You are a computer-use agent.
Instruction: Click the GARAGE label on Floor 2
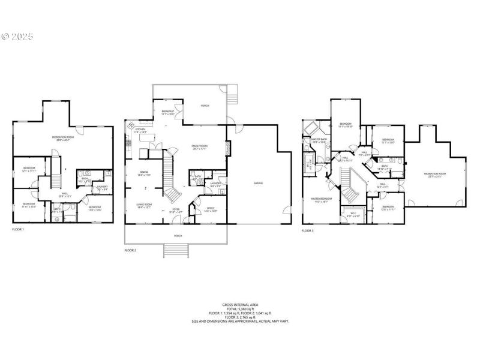coord(258,183)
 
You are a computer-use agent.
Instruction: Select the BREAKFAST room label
coord(168,112)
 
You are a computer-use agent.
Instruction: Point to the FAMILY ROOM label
coord(199,147)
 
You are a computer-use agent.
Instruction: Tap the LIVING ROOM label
coord(143,206)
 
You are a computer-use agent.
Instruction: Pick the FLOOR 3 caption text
coord(308,230)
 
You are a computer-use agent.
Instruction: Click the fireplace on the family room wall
coord(227,148)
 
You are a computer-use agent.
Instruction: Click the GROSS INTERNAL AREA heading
coord(240,304)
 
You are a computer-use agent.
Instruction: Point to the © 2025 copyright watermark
coord(17,37)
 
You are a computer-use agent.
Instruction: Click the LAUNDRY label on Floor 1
coord(103,187)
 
